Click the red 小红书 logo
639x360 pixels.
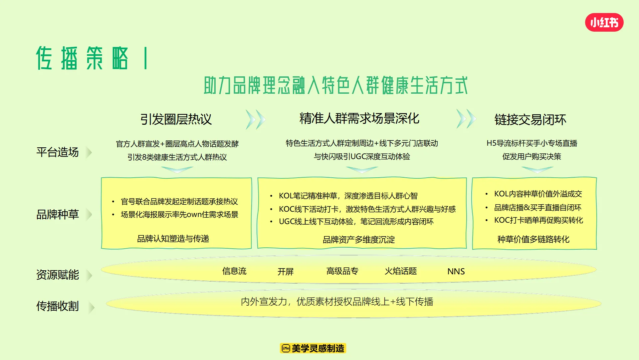point(604,22)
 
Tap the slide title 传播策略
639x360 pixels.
point(82,58)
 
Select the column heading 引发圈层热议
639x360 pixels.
point(176,119)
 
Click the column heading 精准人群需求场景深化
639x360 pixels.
point(359,118)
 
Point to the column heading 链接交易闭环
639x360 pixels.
point(530,120)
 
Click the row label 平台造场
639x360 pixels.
point(58,152)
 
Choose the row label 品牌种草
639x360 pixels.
point(58,214)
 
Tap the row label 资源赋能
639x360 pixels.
point(58,275)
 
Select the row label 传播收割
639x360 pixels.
point(58,306)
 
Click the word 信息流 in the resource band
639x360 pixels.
point(234,271)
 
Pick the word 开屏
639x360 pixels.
point(286,272)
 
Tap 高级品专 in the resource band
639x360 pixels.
point(342,271)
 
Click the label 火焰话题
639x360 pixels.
point(401,271)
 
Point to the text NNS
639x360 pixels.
point(456,271)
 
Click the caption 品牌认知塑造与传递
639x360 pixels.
point(173,239)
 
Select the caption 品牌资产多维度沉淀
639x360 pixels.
point(359,240)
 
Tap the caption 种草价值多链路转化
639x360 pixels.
point(533,239)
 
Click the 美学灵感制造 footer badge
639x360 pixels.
point(313,348)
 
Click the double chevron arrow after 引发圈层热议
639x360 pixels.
point(256,119)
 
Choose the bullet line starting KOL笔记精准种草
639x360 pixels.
point(348,196)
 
